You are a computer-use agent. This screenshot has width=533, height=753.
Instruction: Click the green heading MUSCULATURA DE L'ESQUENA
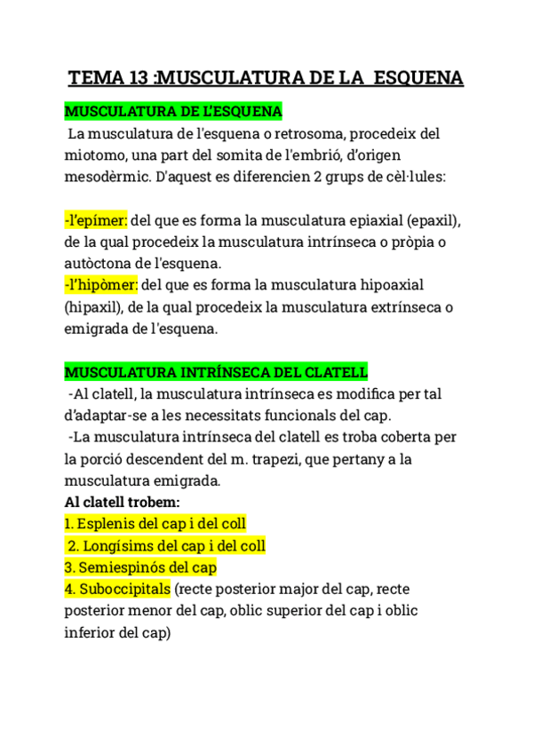point(173,112)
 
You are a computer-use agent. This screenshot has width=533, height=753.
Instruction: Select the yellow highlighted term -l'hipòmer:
point(101,285)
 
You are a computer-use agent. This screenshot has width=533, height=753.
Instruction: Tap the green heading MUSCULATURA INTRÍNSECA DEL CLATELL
point(216,371)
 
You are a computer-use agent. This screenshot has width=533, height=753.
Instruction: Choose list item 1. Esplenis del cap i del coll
point(155,524)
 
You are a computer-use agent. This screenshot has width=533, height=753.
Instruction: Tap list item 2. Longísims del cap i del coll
point(166,545)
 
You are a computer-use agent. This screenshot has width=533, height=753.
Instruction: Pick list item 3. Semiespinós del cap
point(140,567)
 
